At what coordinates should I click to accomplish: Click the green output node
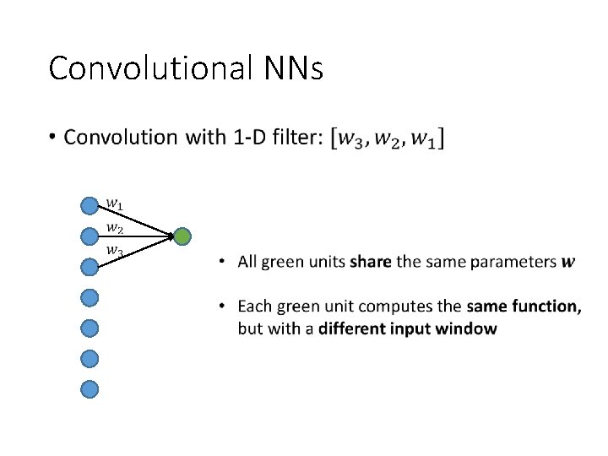pos(182,237)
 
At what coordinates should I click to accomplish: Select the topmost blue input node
pos(90,205)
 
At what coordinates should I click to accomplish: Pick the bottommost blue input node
pos(90,388)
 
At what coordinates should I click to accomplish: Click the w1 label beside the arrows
pos(114,204)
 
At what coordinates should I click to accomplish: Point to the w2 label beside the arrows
pos(114,228)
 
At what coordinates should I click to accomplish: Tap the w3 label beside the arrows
pos(114,251)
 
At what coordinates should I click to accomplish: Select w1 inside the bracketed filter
pos(426,138)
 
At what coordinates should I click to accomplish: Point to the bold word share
pos(371,262)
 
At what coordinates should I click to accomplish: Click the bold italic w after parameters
pos(568,262)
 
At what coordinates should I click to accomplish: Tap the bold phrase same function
pos(524,306)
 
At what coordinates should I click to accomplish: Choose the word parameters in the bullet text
pos(515,262)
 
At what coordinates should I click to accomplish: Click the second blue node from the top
pos(90,236)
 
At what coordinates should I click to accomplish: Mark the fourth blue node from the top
pos(90,297)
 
